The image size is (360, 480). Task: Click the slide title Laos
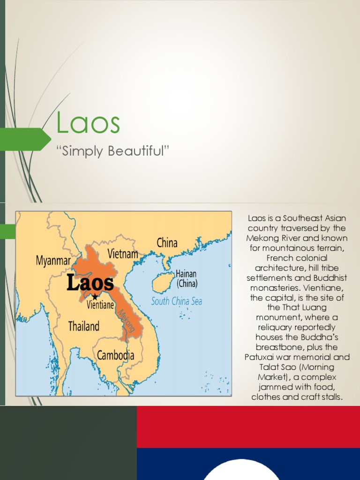[x=88, y=123]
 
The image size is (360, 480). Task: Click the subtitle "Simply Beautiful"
[x=112, y=151]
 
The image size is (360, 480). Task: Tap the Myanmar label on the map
[x=53, y=261]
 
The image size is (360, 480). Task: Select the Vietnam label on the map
[x=123, y=254]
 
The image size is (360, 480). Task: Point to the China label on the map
[x=167, y=243]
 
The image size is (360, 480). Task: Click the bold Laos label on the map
[x=90, y=283]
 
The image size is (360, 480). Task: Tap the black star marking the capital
[x=95, y=297]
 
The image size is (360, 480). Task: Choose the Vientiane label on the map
[x=100, y=305]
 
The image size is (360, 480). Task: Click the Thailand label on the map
[x=84, y=326]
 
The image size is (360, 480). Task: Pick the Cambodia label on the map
[x=115, y=355]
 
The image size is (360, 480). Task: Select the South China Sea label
[x=176, y=301]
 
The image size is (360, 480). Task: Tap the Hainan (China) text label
[x=187, y=278]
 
